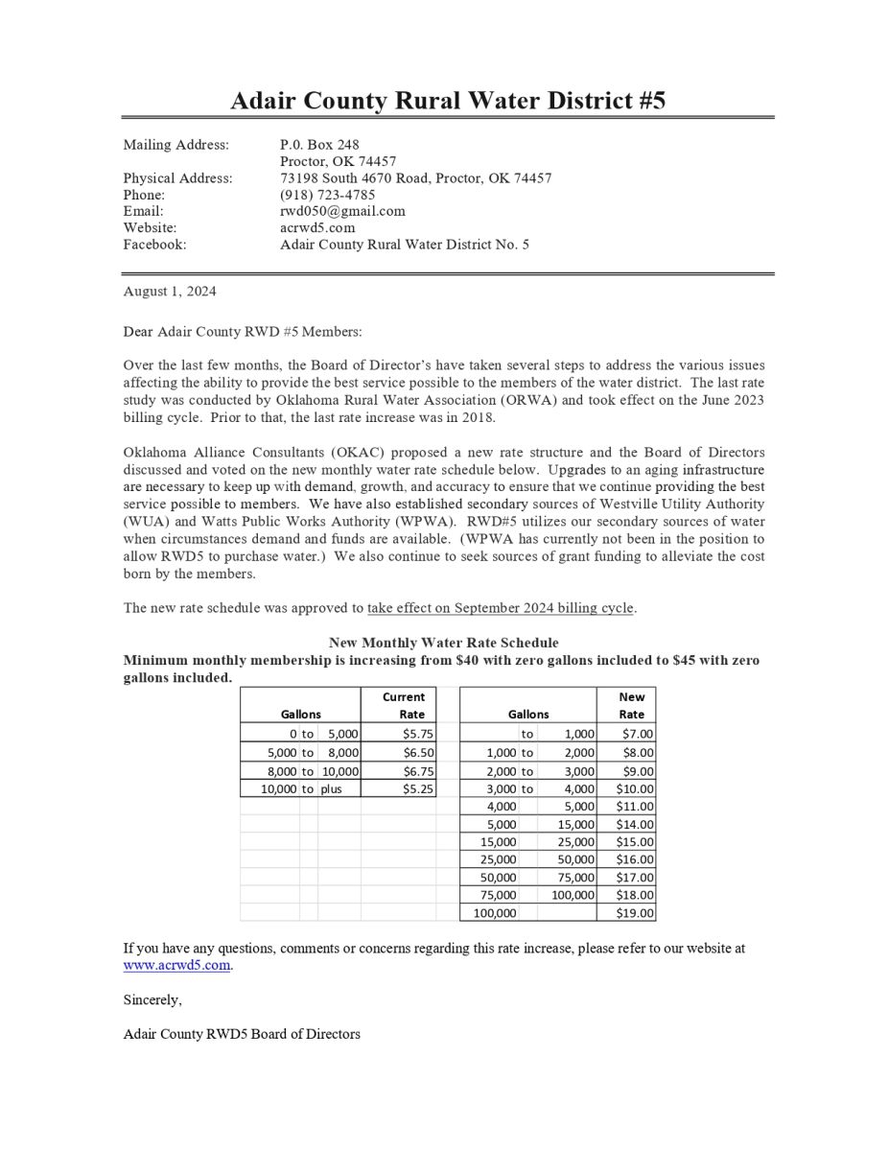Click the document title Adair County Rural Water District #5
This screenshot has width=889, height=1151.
tap(448, 101)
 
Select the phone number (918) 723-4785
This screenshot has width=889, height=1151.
tap(327, 195)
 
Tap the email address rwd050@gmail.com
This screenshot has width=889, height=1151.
tap(342, 211)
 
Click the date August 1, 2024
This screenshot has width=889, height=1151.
tap(170, 292)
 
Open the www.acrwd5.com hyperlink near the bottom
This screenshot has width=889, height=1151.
tap(177, 965)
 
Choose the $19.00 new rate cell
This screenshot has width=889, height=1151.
tap(635, 913)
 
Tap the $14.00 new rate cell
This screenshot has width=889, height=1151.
tap(635, 824)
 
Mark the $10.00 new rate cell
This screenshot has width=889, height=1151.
tap(635, 788)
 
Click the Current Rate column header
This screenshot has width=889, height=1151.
tap(403, 705)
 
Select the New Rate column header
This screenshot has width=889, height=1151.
tap(631, 705)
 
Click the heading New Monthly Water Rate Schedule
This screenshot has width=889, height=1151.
tap(443, 643)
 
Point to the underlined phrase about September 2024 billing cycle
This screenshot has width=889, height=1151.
tap(501, 608)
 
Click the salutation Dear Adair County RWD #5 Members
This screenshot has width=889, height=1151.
tap(243, 332)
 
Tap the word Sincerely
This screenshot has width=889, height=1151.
tap(152, 999)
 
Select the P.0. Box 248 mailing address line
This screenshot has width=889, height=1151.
tap(319, 145)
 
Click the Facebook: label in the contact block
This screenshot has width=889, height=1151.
tap(154, 245)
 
